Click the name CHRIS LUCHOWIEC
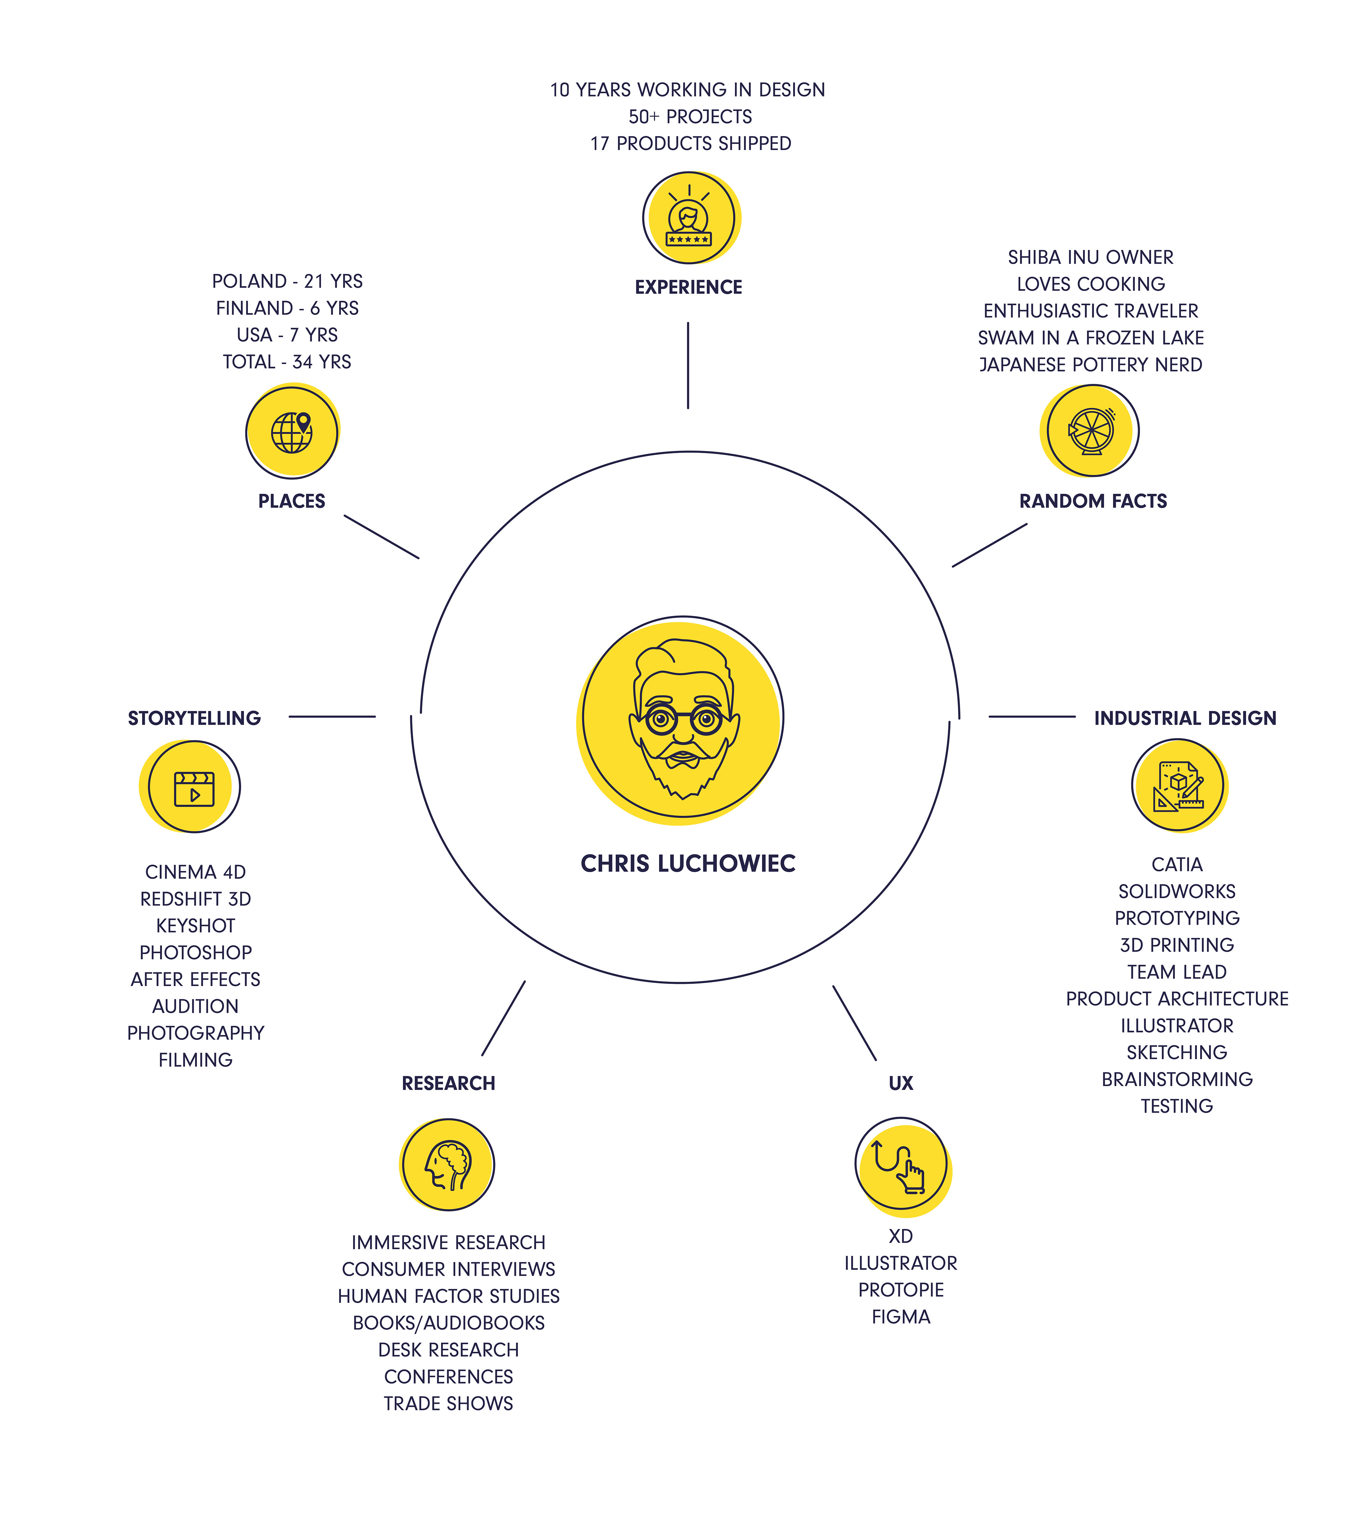(688, 864)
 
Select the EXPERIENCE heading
(688, 287)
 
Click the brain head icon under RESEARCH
(448, 1165)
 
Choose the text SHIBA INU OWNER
(1090, 258)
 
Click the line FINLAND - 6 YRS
(287, 308)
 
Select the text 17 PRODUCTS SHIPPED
(690, 144)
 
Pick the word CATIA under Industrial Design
(1177, 864)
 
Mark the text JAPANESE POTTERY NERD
(1090, 365)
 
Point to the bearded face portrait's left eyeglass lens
(661, 720)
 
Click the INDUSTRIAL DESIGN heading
(1185, 718)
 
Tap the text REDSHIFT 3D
(195, 899)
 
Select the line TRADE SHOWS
(448, 1404)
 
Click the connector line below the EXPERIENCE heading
(688, 366)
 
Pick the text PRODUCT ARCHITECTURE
(1177, 999)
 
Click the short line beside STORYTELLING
(332, 716)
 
